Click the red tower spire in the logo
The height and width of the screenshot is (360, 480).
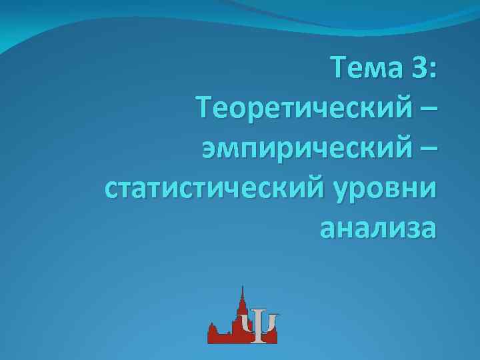242,293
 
